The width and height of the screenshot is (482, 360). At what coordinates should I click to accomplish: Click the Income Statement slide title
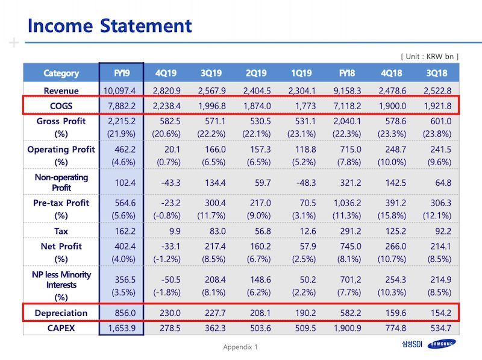(x=110, y=25)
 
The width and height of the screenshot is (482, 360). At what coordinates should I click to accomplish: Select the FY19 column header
(x=122, y=73)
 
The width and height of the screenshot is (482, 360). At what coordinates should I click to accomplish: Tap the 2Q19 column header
(x=257, y=73)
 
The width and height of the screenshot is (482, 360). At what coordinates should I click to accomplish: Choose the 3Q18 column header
(x=437, y=73)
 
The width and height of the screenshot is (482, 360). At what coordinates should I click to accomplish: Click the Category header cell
(x=61, y=73)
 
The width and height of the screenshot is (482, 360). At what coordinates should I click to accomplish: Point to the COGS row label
(x=61, y=106)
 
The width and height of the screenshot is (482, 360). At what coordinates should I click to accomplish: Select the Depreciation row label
(x=61, y=313)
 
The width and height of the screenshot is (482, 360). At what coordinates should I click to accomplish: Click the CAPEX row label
(x=61, y=328)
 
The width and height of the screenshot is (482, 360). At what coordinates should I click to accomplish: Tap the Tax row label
(x=61, y=231)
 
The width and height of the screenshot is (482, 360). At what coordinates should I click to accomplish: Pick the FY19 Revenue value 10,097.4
(x=119, y=91)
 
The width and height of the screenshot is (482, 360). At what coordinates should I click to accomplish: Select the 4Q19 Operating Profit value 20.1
(x=172, y=149)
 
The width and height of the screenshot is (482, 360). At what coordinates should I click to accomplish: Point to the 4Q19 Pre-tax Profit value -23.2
(x=171, y=203)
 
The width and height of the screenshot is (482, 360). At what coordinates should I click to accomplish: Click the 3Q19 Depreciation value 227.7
(x=215, y=313)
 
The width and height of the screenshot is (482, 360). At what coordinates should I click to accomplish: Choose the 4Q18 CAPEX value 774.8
(x=396, y=328)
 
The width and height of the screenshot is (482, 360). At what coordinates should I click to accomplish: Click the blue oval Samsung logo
(x=442, y=344)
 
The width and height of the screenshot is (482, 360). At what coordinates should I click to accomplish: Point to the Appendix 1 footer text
(x=240, y=347)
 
